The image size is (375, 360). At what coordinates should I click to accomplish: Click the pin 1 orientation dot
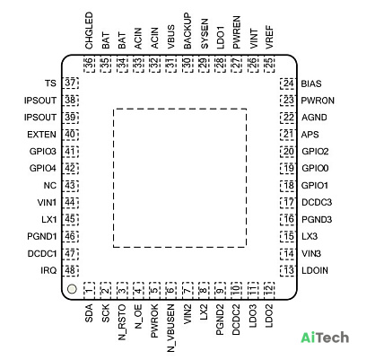click(72, 289)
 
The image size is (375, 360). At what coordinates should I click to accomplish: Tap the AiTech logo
click(325, 338)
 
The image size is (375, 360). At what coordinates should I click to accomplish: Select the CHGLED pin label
click(89, 31)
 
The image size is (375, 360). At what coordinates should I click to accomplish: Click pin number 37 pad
click(70, 83)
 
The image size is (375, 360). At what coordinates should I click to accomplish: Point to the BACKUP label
click(187, 31)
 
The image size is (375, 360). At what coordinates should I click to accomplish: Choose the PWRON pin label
click(318, 101)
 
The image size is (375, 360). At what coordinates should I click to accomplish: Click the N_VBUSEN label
click(170, 328)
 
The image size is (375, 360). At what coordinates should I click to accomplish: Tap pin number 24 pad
click(288, 83)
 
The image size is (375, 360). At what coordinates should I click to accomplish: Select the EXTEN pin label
click(41, 135)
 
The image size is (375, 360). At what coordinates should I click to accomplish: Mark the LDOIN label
click(315, 270)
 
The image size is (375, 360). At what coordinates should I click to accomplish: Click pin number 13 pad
click(288, 271)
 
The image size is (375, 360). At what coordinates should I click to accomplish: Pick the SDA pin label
click(89, 313)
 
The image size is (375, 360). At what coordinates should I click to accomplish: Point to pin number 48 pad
click(70, 270)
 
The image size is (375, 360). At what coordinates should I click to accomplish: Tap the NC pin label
click(50, 186)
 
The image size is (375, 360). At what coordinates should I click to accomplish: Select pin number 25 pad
click(269, 65)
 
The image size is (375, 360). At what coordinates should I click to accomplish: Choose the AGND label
click(314, 118)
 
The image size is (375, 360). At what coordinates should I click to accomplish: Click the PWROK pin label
click(154, 321)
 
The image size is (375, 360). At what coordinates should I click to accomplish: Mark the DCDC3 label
click(317, 203)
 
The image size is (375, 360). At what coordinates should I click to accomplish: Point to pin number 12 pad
click(269, 290)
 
